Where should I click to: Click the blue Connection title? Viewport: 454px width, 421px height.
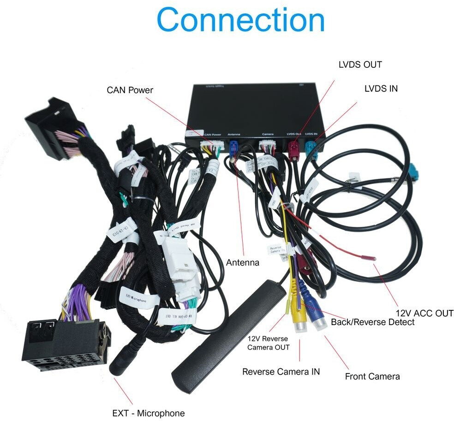pyautogui.click(x=240, y=20)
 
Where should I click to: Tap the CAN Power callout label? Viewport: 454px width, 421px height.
pyautogui.click(x=130, y=89)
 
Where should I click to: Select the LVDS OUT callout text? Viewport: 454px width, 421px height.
pyautogui.click(x=360, y=65)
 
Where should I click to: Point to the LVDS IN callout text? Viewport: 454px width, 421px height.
pyautogui.click(x=381, y=88)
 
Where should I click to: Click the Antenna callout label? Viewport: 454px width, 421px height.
pyautogui.click(x=243, y=262)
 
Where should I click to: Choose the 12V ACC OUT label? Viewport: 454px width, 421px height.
pyautogui.click(x=424, y=313)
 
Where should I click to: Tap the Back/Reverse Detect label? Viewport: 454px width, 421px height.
pyautogui.click(x=372, y=322)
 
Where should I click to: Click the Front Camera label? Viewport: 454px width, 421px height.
pyautogui.click(x=372, y=376)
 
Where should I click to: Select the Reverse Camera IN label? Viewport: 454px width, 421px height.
pyautogui.click(x=281, y=371)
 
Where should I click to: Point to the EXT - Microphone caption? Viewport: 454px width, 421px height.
pyautogui.click(x=148, y=413)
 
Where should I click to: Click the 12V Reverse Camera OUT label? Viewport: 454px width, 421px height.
pyautogui.click(x=268, y=343)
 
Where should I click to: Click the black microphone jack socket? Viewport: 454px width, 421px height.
pyautogui.click(x=121, y=360)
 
